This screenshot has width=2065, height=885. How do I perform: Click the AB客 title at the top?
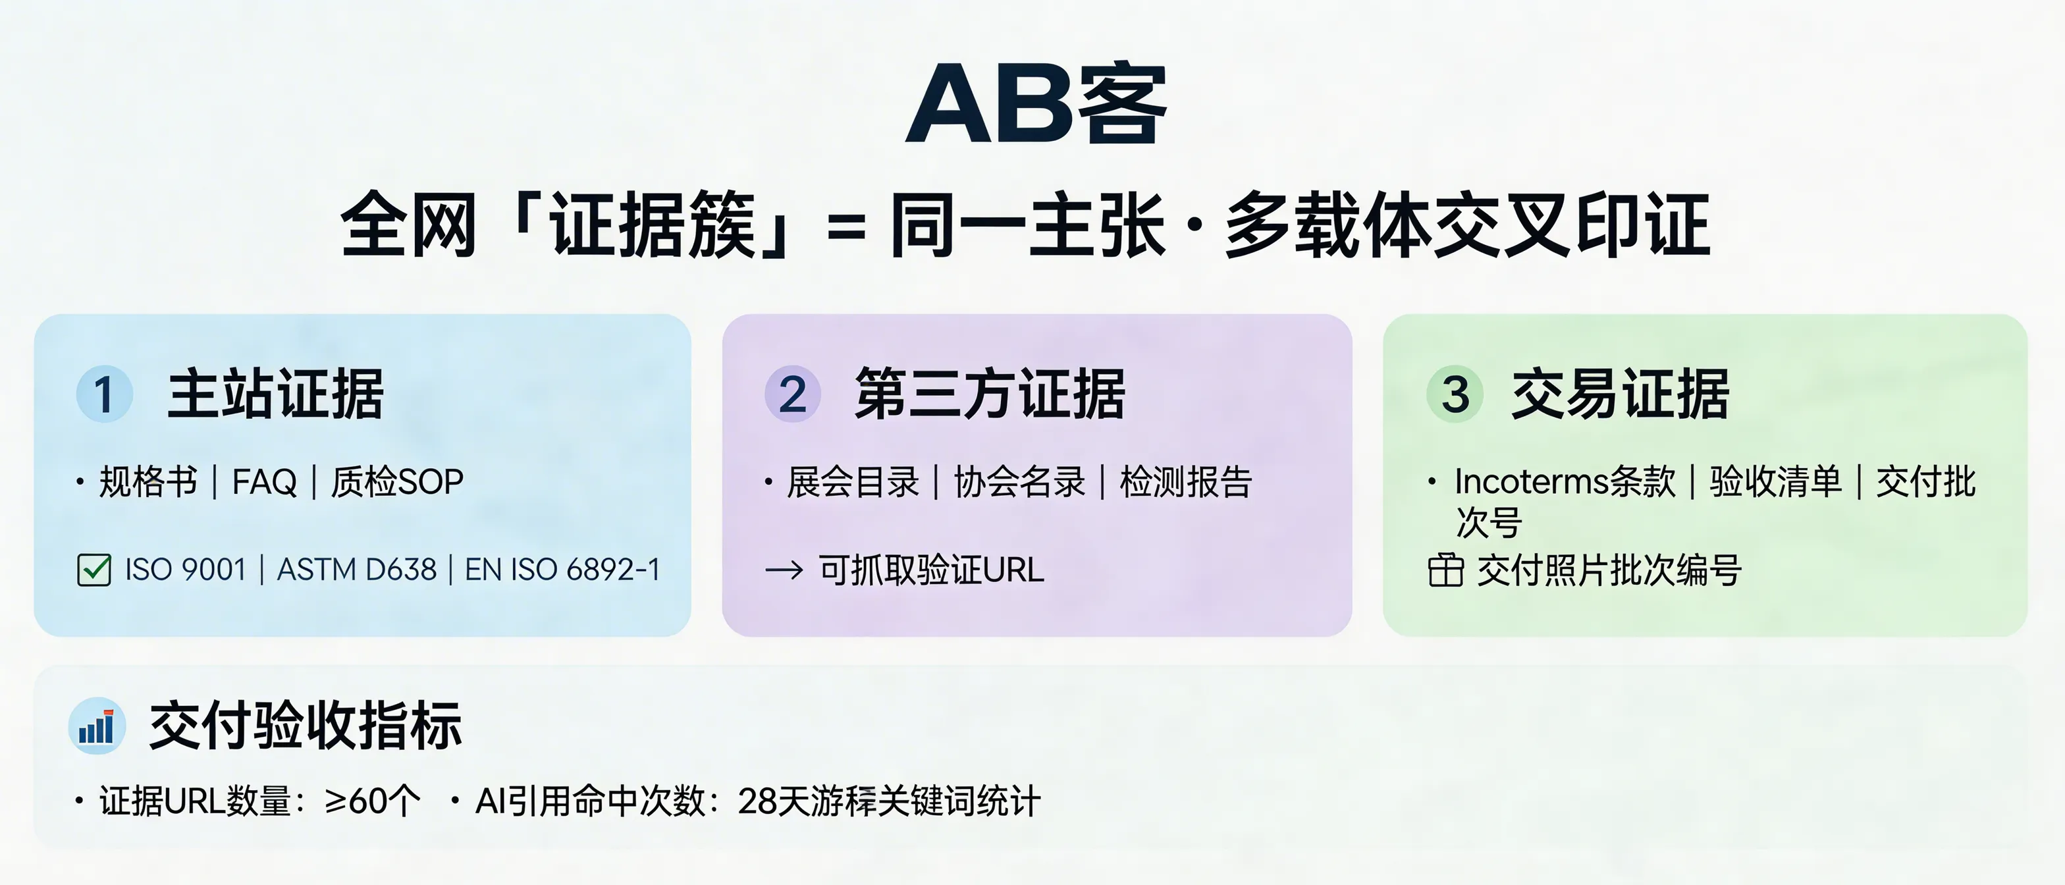point(1036,104)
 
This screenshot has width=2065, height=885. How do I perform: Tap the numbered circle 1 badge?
point(104,394)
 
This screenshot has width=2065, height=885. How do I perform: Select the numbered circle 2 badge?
point(792,394)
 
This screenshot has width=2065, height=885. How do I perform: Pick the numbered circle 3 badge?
point(1455,394)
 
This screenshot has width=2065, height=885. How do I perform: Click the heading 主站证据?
point(275,394)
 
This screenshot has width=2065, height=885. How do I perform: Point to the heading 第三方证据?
point(990,394)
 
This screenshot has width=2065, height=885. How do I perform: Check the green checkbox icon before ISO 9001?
point(94,570)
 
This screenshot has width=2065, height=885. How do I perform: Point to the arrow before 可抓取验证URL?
point(784,571)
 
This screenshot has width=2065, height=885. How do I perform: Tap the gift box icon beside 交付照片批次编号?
point(1445,571)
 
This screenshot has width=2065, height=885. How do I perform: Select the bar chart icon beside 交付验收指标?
point(96,726)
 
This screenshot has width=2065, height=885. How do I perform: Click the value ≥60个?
point(373,801)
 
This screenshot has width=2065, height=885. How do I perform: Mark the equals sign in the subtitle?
point(845,227)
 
